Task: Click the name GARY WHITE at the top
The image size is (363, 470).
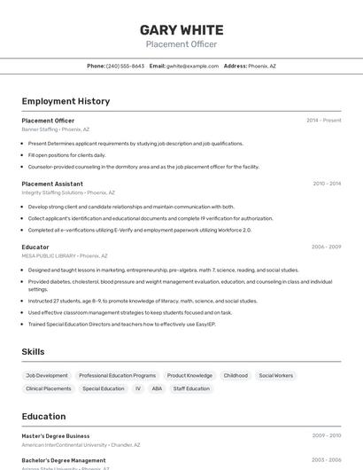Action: pos(181,29)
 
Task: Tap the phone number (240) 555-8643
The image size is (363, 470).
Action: pos(125,66)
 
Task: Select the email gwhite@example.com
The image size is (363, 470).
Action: pos(192,66)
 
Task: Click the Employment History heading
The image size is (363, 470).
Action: pos(66,101)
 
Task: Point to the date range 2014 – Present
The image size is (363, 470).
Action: pos(323,120)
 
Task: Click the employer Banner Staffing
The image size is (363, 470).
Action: pos(40,129)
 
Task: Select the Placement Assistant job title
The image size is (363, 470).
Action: pos(52,184)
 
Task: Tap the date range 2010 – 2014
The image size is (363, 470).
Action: pos(327,184)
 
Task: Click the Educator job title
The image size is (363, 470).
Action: pos(35,247)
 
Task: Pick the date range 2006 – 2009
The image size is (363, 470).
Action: pos(326,247)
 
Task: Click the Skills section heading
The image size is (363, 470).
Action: pos(33,352)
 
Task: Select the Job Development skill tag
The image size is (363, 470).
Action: pos(47,375)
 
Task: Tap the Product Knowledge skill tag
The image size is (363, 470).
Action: pos(189,375)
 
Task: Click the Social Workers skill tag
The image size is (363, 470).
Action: pos(275,375)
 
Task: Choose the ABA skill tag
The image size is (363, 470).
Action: pos(157,388)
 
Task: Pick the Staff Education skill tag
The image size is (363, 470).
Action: pos(191,388)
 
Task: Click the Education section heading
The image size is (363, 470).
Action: pos(44,415)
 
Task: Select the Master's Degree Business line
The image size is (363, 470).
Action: pos(56,435)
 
